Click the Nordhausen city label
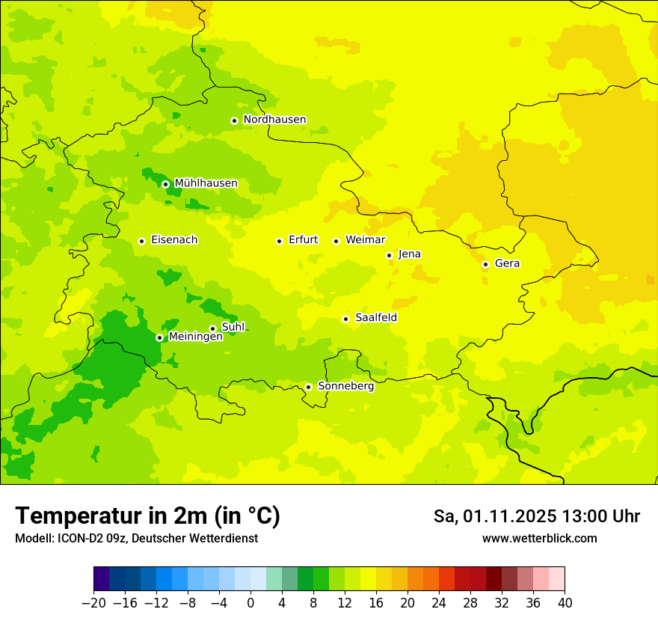(x=274, y=120)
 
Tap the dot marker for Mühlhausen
(x=165, y=184)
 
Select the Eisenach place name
(x=174, y=240)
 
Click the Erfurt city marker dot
(x=279, y=241)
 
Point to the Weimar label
(x=365, y=240)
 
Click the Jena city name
(x=409, y=254)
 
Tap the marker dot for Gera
(x=485, y=264)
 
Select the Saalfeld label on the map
(x=375, y=318)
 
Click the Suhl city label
(x=233, y=327)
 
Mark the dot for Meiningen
(x=159, y=337)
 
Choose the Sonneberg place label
(x=345, y=386)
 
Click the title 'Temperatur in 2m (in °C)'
(x=147, y=516)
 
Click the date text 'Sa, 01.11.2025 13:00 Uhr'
(x=536, y=516)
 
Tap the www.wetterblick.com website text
(x=539, y=538)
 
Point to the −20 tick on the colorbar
(x=93, y=602)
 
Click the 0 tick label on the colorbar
(x=250, y=602)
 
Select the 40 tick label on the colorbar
(x=565, y=602)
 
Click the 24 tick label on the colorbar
(x=439, y=602)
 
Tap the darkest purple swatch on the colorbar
(x=101, y=579)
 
